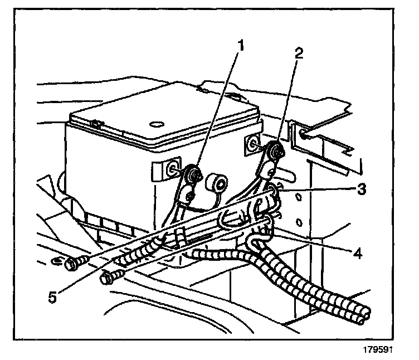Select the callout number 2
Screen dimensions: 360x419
[299, 53]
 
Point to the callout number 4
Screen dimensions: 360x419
[358, 253]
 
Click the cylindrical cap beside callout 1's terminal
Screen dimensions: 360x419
[217, 183]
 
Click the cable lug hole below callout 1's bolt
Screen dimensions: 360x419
[189, 196]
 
